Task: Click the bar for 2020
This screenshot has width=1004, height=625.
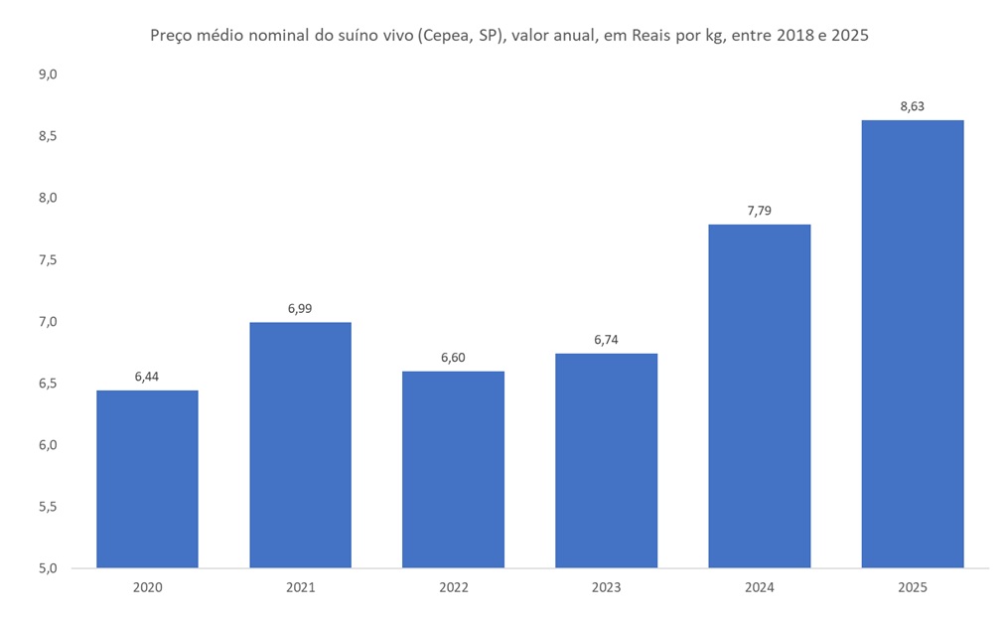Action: [147, 479]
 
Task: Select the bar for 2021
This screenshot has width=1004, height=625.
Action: [300, 445]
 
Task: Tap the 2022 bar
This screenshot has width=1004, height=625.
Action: [453, 469]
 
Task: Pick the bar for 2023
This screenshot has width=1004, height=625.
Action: [606, 460]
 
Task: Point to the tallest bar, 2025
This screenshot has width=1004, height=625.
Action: [912, 344]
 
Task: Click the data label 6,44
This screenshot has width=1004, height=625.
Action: [147, 377]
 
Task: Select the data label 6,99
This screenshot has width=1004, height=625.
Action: [300, 309]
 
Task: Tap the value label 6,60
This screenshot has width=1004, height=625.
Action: [453, 357]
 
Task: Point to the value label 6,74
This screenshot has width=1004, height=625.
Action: [606, 340]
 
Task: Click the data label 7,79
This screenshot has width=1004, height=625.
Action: [759, 211]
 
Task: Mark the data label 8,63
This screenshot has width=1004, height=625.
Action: [912, 106]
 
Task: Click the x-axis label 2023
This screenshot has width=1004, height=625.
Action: [606, 587]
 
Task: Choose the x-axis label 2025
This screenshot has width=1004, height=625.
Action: [912, 587]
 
